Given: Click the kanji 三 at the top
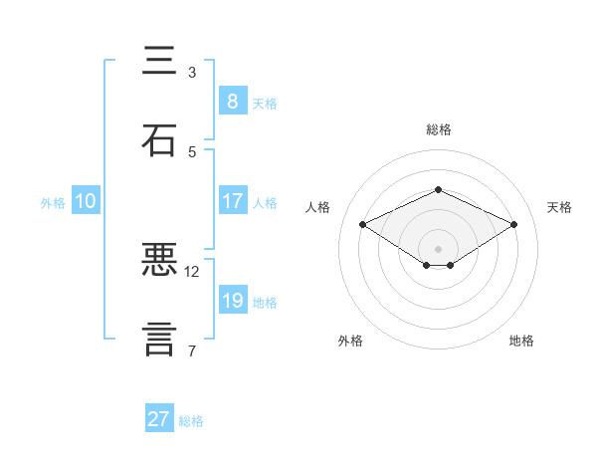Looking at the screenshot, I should coord(159,62).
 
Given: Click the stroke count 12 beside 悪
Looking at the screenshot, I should coord(192,271).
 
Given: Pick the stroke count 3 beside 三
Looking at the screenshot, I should coord(192,73).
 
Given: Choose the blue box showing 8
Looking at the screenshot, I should coord(232,101).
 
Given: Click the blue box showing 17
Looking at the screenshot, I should coord(232,200).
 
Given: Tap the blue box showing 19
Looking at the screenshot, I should coord(232,301).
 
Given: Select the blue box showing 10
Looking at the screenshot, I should coord(86,201).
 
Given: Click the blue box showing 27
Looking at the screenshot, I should coord(159,419).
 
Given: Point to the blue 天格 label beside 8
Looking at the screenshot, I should coord(265,103).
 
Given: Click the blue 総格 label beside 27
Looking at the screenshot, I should coord(191,421).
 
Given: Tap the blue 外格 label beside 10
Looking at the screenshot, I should coord(53,202).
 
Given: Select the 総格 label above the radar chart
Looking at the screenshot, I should coord(438,129).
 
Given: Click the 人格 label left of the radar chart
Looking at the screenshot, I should coord(318,207).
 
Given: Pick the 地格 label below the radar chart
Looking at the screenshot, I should coord(521,341).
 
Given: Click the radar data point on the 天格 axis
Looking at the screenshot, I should coord(513,224).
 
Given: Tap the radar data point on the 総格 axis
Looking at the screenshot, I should coord(438,189).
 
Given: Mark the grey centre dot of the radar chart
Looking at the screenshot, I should coord(438,247).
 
